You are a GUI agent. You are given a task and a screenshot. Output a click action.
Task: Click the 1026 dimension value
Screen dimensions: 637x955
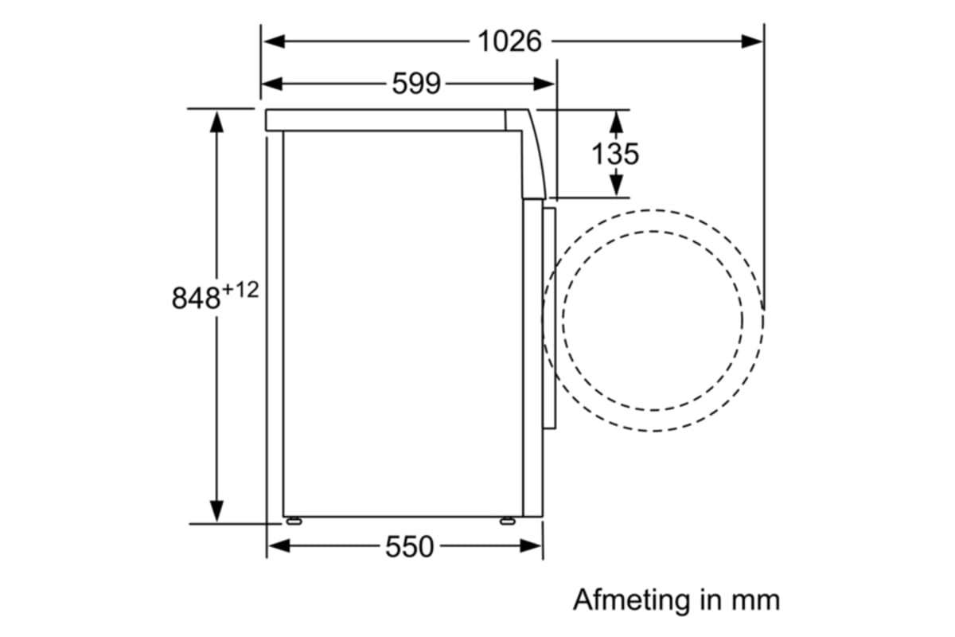[509, 41]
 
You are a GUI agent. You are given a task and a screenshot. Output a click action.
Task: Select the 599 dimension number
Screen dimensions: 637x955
[416, 83]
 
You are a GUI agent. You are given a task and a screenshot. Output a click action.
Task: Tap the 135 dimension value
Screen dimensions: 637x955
[615, 154]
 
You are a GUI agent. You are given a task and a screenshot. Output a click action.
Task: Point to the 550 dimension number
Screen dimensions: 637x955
[410, 546]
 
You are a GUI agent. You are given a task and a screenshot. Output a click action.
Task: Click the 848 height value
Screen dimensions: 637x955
[195, 299]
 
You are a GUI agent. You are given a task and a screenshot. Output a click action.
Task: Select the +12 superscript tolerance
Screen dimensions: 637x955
[240, 290]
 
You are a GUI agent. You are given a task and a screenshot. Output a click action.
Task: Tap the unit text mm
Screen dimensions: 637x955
[758, 599]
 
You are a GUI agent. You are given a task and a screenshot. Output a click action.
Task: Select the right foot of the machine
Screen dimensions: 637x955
[506, 522]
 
